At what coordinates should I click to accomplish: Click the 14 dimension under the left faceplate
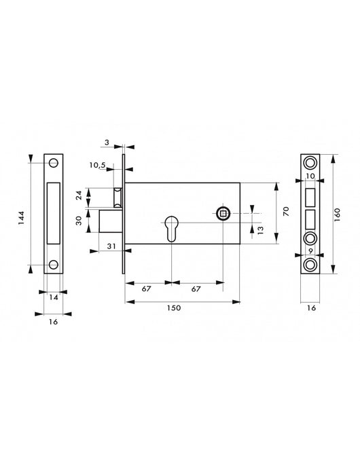pos(54,297)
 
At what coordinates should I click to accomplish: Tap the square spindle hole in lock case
pos(222,214)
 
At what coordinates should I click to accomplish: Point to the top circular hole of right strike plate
pos(310,164)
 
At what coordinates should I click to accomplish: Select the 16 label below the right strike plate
pos(310,308)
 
